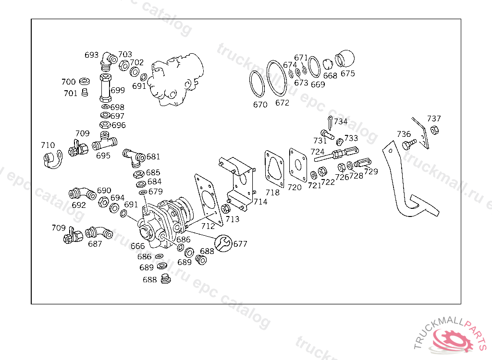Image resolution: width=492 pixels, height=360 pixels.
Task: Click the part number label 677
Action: [x=240, y=244]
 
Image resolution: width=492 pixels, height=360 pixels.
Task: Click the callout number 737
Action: [x=434, y=119]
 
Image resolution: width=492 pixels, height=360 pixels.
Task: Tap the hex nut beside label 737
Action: [x=433, y=130]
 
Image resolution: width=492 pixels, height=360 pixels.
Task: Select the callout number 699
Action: [x=118, y=90]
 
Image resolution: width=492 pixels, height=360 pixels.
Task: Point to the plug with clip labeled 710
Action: [x=51, y=159]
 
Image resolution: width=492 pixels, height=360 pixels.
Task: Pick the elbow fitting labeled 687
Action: [x=99, y=233]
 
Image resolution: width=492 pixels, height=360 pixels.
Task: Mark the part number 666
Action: [x=137, y=246]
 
